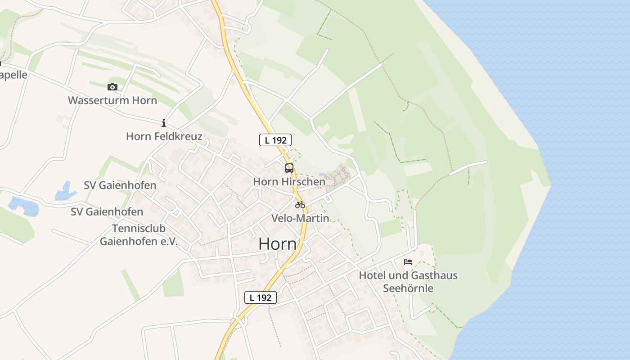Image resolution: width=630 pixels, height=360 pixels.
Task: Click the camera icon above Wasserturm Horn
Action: (112, 87)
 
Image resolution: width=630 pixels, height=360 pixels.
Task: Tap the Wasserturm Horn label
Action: (112, 100)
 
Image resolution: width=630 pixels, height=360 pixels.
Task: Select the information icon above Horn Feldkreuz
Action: (164, 123)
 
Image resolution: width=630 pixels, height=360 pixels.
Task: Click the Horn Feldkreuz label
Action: (164, 136)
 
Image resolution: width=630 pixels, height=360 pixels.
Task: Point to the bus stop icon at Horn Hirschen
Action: (289, 168)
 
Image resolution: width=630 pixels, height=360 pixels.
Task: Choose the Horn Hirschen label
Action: (289, 182)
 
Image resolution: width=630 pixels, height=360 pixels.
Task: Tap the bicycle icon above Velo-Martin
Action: (300, 205)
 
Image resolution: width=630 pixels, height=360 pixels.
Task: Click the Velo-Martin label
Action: (300, 218)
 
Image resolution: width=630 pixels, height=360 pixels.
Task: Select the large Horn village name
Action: (278, 244)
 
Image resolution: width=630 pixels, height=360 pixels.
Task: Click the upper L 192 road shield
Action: (275, 140)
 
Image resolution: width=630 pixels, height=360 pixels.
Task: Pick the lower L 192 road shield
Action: (260, 297)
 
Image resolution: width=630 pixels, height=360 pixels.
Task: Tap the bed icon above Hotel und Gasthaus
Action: (408, 261)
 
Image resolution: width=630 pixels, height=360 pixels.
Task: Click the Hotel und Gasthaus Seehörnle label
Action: (408, 281)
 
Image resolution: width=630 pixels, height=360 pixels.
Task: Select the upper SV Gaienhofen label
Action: (120, 185)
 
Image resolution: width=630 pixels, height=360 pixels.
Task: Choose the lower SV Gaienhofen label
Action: (107, 211)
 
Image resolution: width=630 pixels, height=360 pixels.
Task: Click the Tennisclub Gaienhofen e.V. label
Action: (139, 235)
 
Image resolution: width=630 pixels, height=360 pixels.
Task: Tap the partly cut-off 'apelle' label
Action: (13, 75)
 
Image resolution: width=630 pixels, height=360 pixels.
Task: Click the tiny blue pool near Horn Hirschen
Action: (321, 174)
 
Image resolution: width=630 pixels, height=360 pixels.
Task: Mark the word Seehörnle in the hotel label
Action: (408, 288)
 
